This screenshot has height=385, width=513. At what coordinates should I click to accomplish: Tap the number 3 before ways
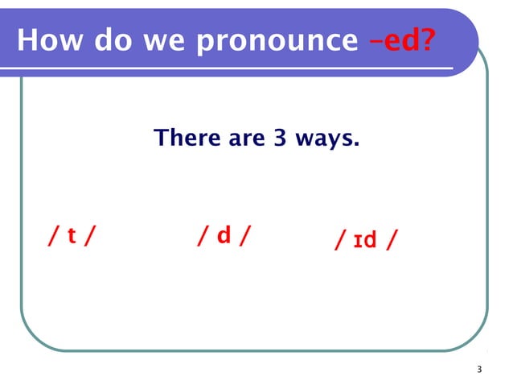coord(279,139)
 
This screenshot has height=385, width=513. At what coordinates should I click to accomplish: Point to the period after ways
coord(355,146)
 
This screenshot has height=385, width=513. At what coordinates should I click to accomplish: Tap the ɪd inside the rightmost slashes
coord(367,240)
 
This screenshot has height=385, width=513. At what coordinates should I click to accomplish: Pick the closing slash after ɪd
coord(391,240)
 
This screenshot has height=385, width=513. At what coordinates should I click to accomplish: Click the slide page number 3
coord(478,370)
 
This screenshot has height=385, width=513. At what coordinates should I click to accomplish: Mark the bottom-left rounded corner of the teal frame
coord(34,337)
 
